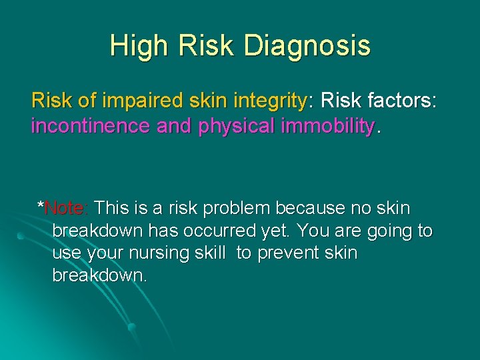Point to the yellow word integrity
(266, 101)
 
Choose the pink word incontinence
(91, 125)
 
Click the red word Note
(65, 209)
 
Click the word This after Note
(112, 209)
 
